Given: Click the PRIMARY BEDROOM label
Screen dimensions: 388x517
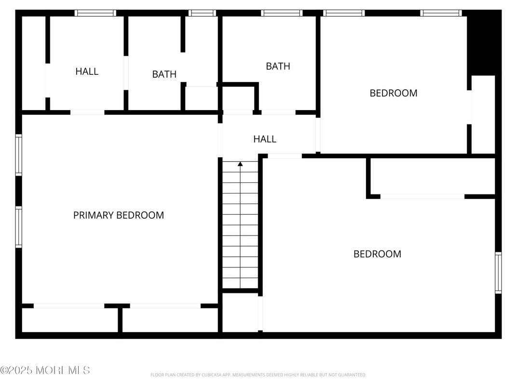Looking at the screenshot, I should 118,215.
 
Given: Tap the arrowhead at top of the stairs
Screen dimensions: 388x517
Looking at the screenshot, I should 240,164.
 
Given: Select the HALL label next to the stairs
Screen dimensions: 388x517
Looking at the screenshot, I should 265,139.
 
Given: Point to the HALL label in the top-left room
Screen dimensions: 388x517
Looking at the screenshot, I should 87,71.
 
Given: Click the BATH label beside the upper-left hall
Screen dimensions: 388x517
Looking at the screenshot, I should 164,74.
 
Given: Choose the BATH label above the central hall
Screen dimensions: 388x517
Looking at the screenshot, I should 278,66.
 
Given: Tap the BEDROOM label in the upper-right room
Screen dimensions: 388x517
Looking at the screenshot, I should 393,93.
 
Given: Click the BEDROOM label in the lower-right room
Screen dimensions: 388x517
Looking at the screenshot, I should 377,254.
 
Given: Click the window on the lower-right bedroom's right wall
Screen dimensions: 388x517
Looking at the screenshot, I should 498,273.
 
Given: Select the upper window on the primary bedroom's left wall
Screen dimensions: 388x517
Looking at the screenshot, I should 18,154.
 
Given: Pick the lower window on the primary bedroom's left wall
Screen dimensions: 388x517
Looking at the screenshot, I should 18,227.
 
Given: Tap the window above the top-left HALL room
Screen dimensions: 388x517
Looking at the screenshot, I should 95,13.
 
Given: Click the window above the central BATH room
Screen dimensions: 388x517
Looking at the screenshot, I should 282,13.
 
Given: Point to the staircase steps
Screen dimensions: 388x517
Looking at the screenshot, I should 240,227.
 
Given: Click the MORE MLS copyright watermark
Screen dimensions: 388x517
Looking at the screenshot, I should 45,370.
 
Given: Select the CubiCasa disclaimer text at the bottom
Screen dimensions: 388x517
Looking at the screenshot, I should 258,375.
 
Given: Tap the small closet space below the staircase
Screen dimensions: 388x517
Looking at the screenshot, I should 240,312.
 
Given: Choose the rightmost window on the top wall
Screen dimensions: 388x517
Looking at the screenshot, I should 441,13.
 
